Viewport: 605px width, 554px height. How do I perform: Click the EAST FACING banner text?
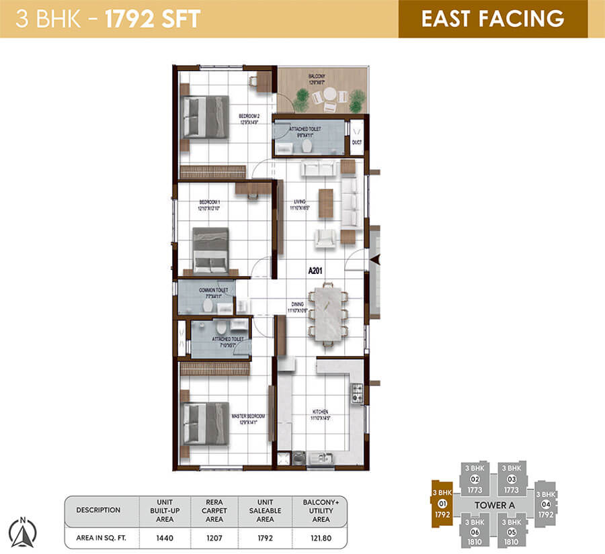tap(492, 18)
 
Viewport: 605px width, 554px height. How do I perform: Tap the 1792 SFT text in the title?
tap(153, 18)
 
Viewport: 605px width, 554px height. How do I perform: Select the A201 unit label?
tap(317, 271)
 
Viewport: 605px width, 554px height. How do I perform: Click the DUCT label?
tap(356, 142)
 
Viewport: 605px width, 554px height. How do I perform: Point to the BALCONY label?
tap(317, 77)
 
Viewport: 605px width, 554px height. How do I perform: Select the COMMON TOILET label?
tap(213, 290)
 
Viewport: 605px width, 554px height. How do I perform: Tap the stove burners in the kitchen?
tap(357, 393)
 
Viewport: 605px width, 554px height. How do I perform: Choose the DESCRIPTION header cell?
tap(99, 510)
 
